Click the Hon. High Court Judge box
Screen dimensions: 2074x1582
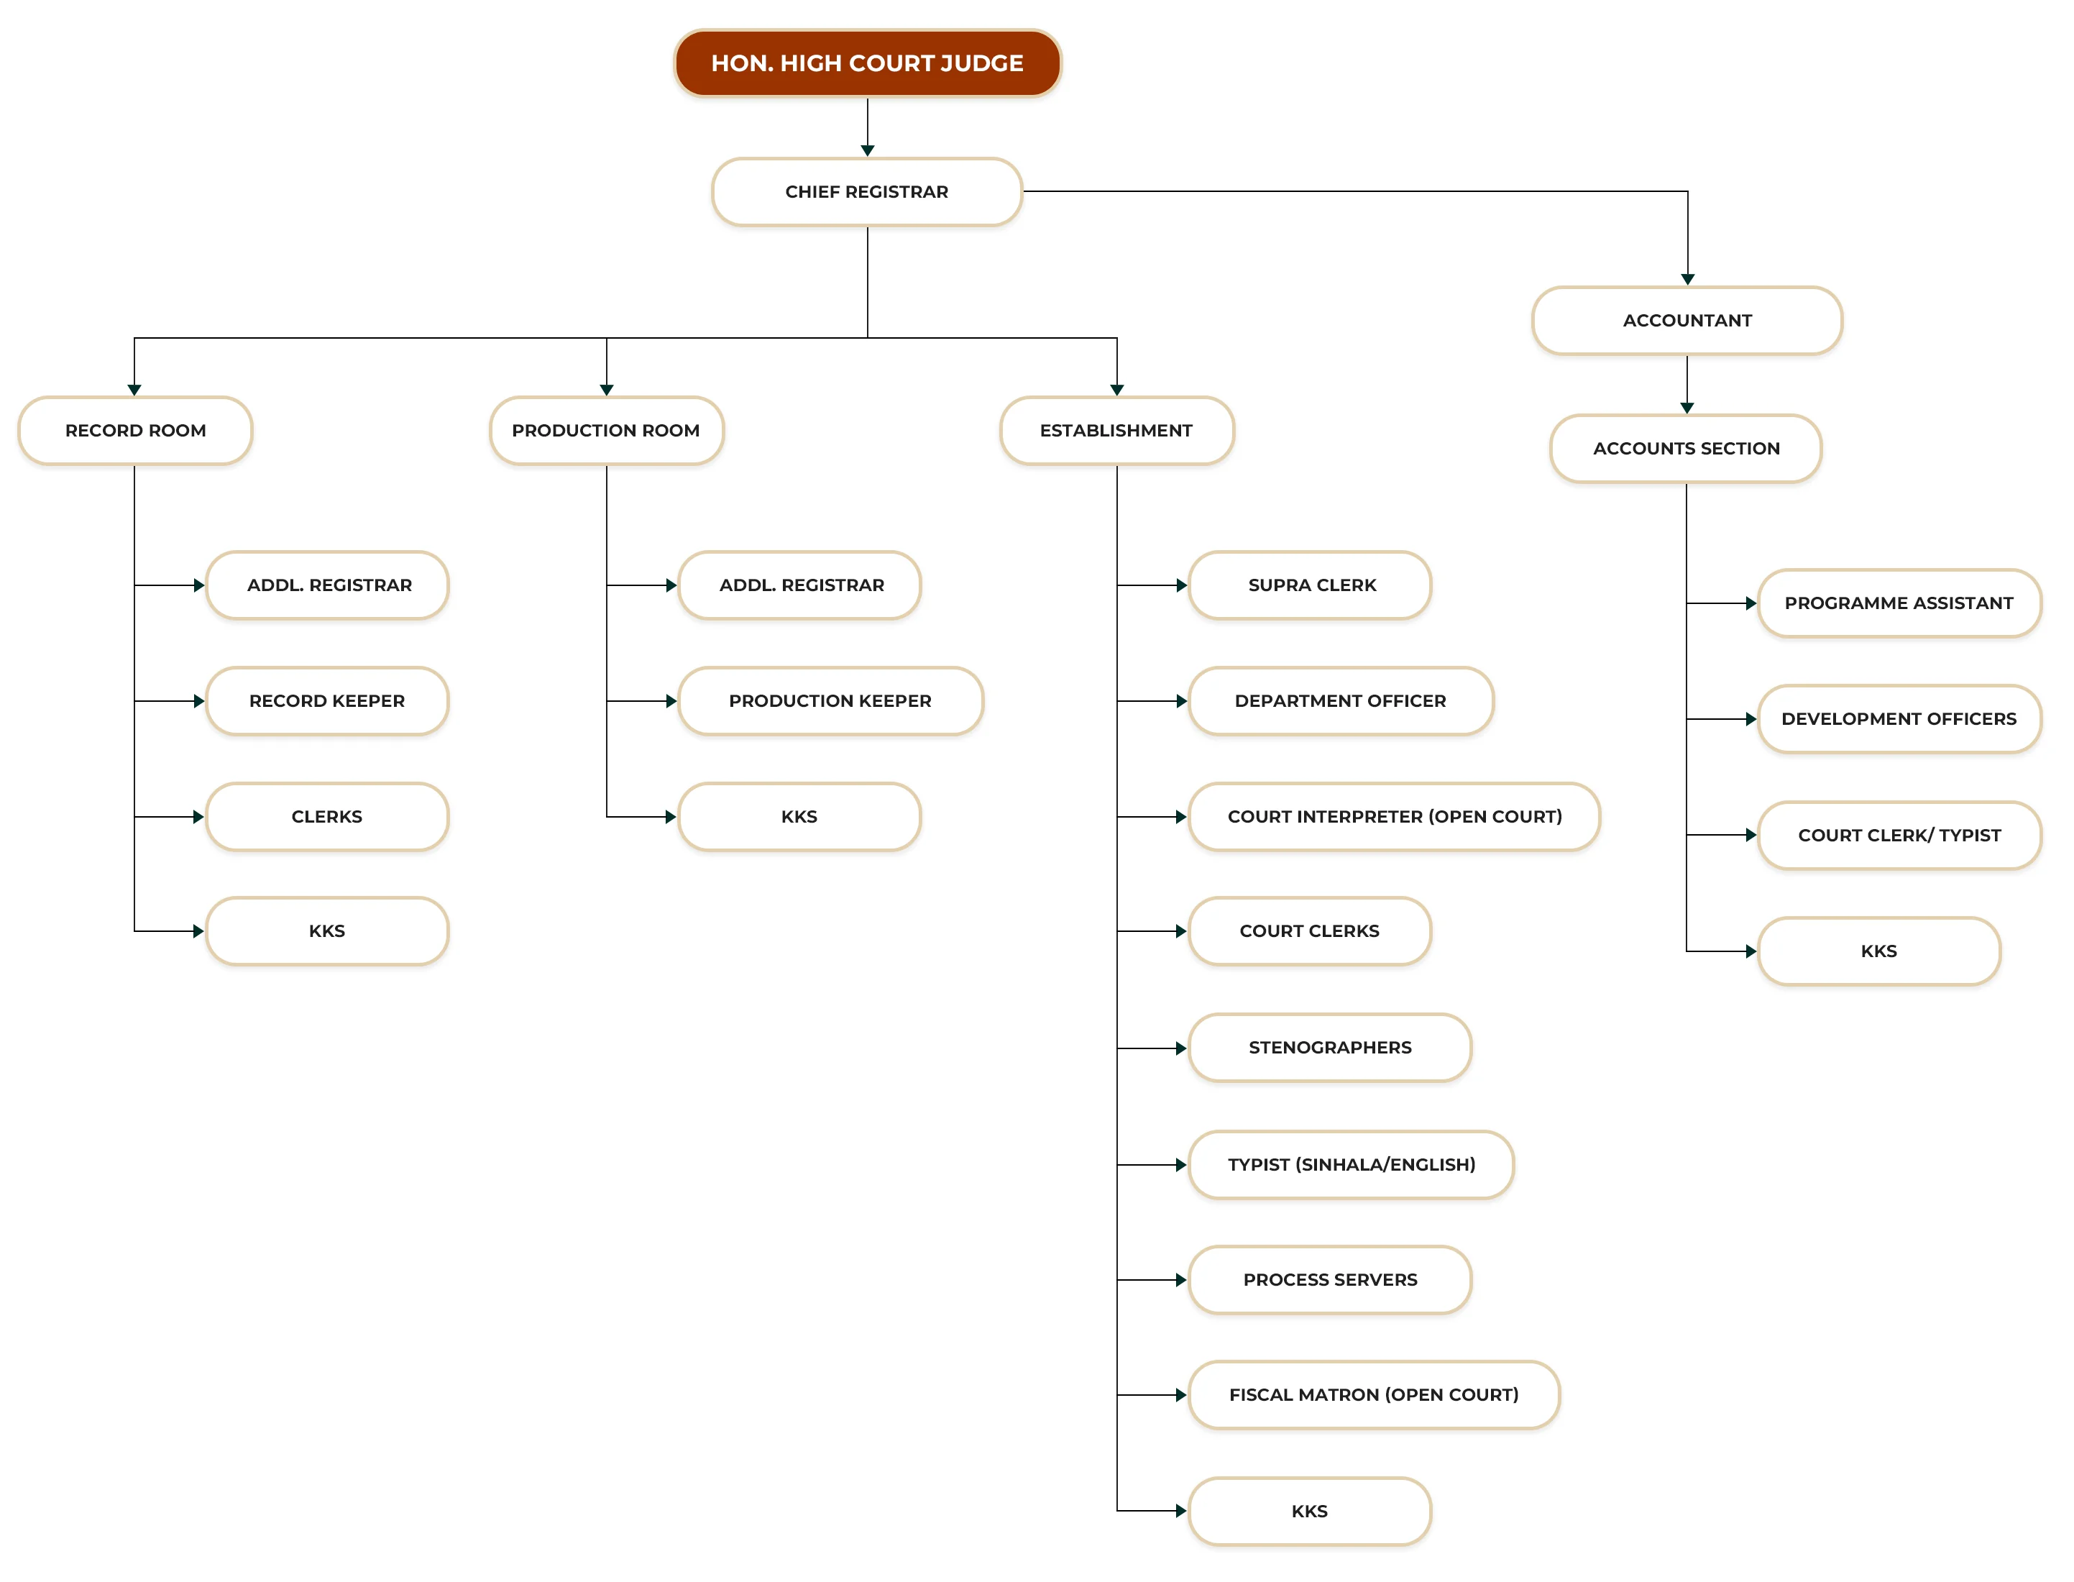point(867,63)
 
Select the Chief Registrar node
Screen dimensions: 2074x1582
point(867,192)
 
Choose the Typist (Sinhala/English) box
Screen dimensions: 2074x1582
point(1351,1165)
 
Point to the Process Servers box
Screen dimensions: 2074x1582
point(1329,1281)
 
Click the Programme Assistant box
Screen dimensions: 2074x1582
point(1899,603)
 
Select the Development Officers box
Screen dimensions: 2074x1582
point(1899,719)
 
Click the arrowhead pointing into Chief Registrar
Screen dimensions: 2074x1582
point(867,151)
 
